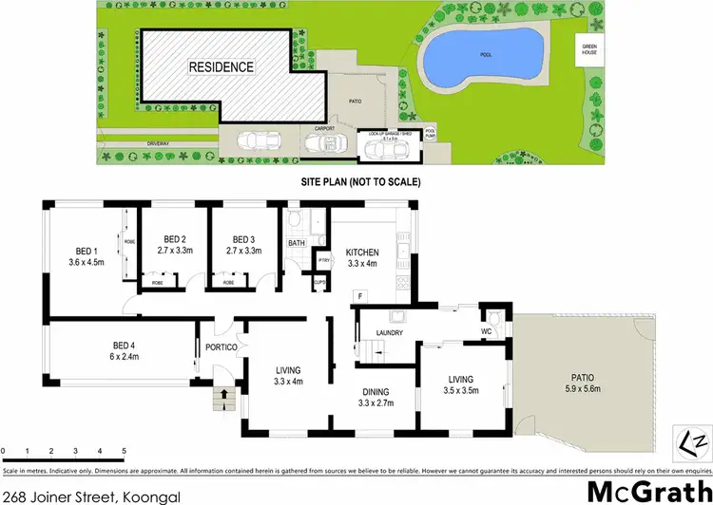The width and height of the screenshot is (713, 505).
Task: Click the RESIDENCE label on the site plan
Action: coord(221,67)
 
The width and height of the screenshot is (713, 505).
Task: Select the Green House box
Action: coord(591,49)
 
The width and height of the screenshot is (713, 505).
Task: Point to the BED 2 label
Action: coord(173,238)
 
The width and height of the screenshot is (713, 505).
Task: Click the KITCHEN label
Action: coord(362,252)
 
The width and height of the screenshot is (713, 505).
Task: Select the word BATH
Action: coord(296,243)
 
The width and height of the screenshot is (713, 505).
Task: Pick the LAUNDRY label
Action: coord(391,333)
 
